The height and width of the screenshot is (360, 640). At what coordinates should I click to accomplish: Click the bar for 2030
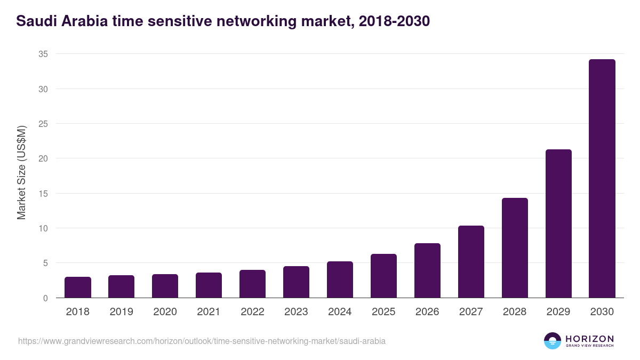point(602,179)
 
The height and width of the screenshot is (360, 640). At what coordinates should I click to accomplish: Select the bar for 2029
point(558,223)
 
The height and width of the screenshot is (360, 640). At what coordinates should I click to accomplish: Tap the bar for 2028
point(514,248)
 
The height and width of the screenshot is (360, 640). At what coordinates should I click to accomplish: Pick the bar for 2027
point(470,262)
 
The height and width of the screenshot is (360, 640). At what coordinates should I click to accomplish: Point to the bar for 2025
point(383,276)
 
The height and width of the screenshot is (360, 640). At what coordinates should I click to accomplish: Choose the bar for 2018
point(78,287)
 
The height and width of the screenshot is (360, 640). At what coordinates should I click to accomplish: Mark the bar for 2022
point(252,284)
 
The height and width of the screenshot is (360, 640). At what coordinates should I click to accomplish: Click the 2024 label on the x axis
point(340,312)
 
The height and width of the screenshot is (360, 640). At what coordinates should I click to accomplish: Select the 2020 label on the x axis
point(165,312)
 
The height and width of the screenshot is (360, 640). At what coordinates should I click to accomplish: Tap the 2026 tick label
point(427,312)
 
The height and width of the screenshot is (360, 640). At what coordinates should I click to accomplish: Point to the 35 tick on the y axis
point(43,54)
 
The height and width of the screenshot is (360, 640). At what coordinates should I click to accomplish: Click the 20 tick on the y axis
point(43,158)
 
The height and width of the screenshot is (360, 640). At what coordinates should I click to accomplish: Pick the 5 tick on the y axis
point(45,263)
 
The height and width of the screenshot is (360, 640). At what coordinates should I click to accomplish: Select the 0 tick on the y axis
point(45,298)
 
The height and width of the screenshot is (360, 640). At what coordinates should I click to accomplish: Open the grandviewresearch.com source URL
point(202,341)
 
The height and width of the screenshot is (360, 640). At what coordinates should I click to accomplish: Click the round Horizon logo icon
point(553,341)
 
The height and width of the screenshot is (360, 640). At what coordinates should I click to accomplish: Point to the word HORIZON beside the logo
point(589,339)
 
